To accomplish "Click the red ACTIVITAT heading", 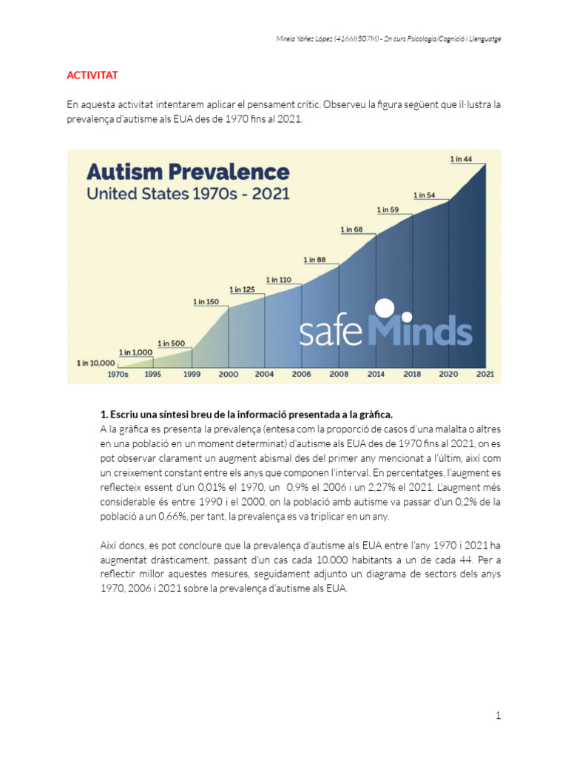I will coord(92,76).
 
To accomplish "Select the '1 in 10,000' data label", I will coord(96,363).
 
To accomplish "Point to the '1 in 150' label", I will coord(206,301).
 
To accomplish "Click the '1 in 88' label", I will coord(315,259).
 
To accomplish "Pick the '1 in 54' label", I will coord(425,195).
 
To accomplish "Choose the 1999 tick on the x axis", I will coord(192,375).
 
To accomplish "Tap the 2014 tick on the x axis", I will coord(376,375).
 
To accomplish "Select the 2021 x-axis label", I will coord(485,375).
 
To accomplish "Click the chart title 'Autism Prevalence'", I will coord(188,172).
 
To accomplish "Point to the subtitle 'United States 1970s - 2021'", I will coord(188,195).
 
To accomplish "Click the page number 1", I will coord(498,715).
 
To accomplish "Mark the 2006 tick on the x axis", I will coord(302,375).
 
